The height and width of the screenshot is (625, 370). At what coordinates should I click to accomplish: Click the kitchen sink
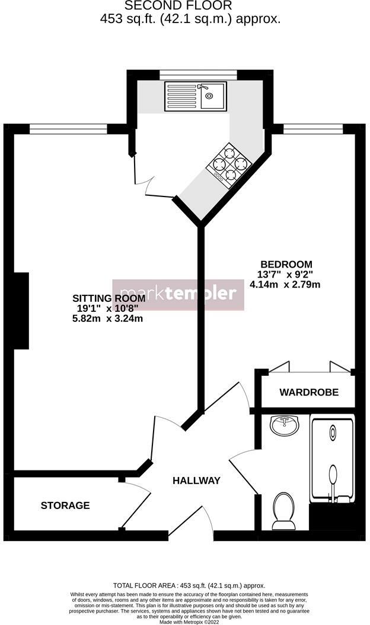coord(196,96)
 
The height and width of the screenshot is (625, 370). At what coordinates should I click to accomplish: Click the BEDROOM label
coord(286,264)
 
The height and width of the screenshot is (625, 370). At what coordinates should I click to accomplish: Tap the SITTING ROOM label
coord(100,298)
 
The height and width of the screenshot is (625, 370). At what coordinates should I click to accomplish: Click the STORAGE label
coord(65,505)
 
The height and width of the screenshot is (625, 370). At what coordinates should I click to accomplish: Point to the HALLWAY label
coord(196,481)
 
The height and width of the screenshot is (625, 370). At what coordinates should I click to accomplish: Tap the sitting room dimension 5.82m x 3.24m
coord(107,318)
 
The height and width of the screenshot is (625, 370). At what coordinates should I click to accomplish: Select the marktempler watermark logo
coord(178,294)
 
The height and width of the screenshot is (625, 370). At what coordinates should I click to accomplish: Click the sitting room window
coord(68,128)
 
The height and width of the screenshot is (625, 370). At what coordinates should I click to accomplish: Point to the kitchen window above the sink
coord(198,74)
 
